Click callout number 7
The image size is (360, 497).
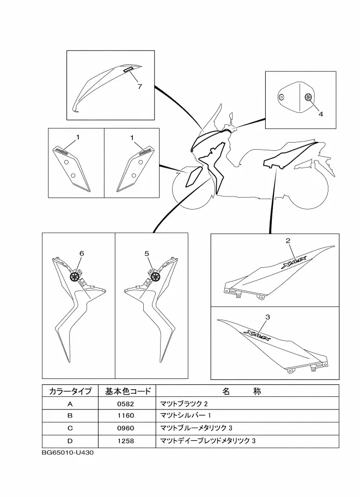[x=139, y=87]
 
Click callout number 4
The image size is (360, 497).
[x=321, y=114]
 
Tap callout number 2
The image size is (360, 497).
[x=288, y=241]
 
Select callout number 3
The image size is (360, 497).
[x=267, y=316]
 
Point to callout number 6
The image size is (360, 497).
[x=82, y=254]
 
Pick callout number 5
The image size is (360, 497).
[x=147, y=254]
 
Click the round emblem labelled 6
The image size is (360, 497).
[x=75, y=277]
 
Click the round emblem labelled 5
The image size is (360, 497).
[x=155, y=277]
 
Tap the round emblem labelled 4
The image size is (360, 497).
[x=308, y=97]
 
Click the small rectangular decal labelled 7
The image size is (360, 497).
[x=128, y=70]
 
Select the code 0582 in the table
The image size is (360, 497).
[x=126, y=404]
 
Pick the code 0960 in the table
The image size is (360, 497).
[x=126, y=428]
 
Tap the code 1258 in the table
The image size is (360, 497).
[x=126, y=440]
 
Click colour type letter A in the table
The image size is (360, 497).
[x=70, y=404]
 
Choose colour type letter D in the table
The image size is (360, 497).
[x=70, y=440]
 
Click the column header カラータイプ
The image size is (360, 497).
[x=70, y=391]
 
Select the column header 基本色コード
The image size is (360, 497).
[x=126, y=391]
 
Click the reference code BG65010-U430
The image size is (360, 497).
[x=70, y=452]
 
